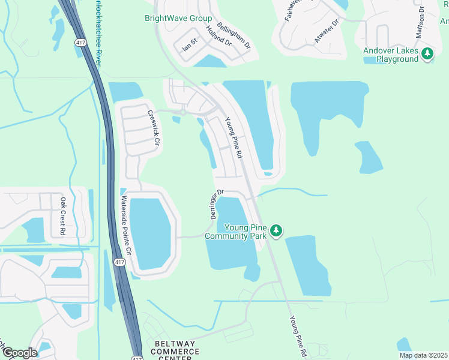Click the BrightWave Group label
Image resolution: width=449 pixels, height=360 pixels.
pyautogui.click(x=178, y=19)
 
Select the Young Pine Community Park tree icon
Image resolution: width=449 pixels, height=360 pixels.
pyautogui.click(x=276, y=230)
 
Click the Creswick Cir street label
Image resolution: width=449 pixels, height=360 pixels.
pyautogui.click(x=155, y=128)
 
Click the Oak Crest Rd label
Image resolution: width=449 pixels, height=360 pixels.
pyautogui.click(x=62, y=215)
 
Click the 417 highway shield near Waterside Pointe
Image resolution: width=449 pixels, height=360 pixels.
pyautogui.click(x=119, y=263)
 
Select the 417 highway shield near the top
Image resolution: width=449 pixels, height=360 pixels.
pyautogui.click(x=79, y=43)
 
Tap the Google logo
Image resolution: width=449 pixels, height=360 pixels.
pyautogui.click(x=19, y=353)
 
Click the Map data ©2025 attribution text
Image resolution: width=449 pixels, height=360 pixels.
pyautogui.click(x=424, y=355)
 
